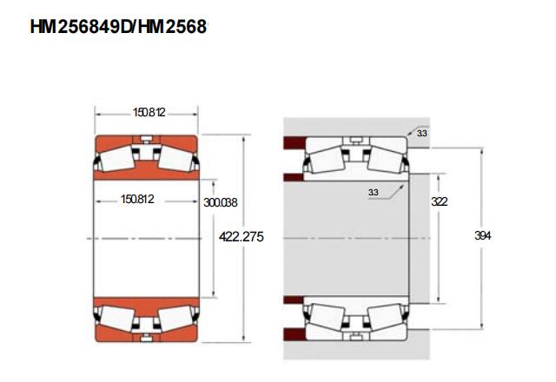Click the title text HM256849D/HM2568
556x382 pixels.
tap(118, 27)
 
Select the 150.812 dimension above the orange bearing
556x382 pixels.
tap(149, 112)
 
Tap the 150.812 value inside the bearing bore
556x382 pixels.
tap(137, 199)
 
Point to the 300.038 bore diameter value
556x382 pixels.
tap(220, 202)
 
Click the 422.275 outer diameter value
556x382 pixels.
tap(242, 236)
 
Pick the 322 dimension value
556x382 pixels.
tap(440, 201)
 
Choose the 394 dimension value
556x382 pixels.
tap(483, 235)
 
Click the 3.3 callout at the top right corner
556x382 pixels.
tap(421, 134)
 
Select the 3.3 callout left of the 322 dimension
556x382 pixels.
tap(373, 193)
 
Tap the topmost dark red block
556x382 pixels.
tap(295, 142)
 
